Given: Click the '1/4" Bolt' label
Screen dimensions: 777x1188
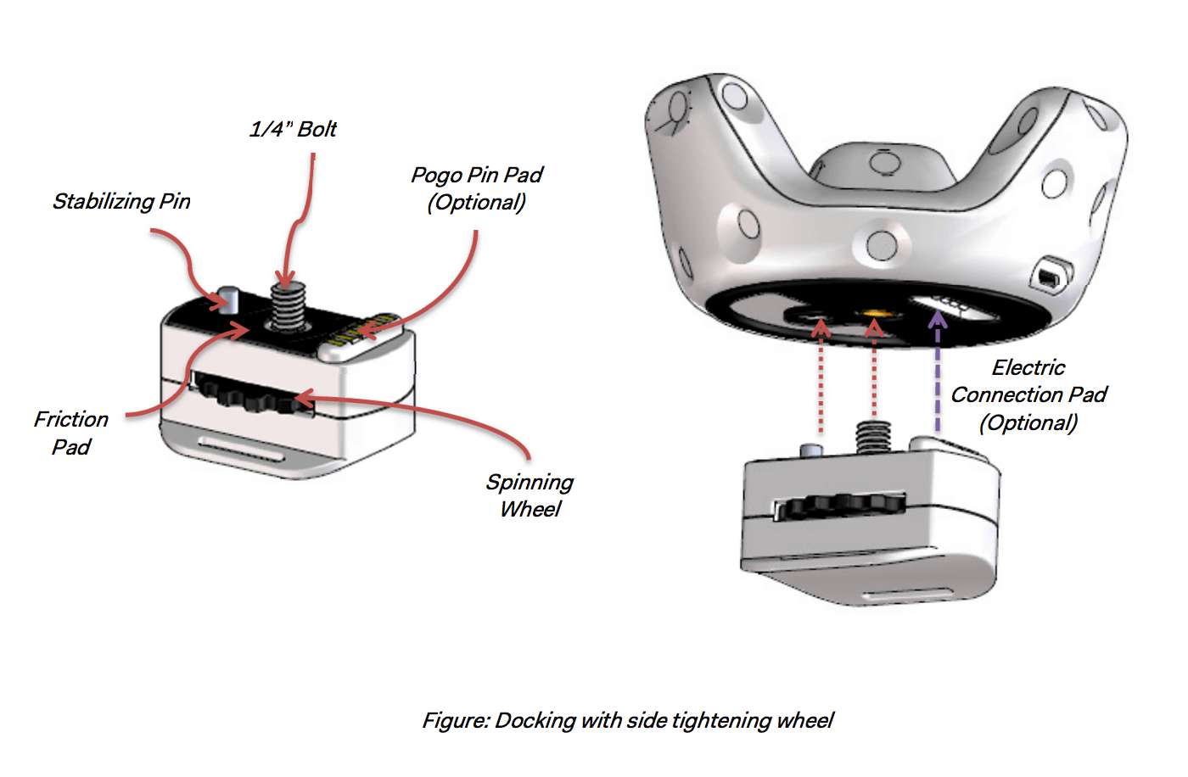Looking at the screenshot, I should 293,129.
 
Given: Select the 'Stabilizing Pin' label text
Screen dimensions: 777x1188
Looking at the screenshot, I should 121,201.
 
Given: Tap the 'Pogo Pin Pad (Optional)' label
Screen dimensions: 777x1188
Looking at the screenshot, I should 476,188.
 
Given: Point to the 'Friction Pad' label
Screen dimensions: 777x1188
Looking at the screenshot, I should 71,433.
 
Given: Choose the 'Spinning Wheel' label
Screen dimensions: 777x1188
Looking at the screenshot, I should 530,495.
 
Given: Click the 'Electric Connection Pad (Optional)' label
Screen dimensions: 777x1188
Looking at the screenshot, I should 1028,394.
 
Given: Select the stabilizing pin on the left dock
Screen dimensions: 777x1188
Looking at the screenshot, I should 228,299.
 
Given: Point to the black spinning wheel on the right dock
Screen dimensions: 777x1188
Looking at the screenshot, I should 844,506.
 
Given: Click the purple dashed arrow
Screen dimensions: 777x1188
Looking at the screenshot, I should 938,373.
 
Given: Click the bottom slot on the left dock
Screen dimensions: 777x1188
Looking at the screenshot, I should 240,447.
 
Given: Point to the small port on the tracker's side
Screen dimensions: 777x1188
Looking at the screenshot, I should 1051,276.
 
